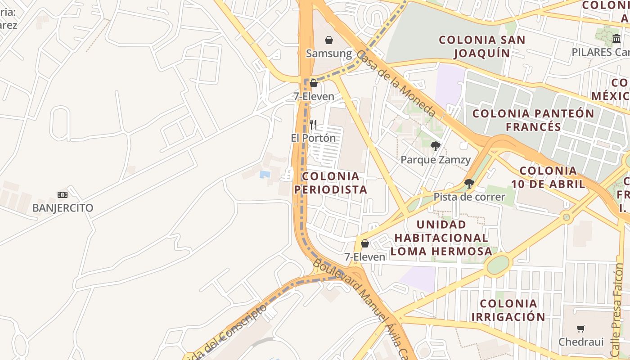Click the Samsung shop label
coord(329,54)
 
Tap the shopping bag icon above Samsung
coord(329,40)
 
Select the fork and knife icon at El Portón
coord(313,125)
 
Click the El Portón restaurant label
coord(313,138)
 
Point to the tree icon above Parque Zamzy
coord(435,146)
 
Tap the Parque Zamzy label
coord(435,160)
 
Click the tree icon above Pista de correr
coord(469,183)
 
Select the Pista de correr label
coord(469,197)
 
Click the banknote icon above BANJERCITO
coord(63,194)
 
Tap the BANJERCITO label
coord(63,208)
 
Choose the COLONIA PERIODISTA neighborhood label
coord(331,183)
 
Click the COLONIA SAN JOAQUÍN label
coord(482,46)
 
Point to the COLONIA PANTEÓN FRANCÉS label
coord(533,120)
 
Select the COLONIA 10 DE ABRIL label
coord(548,177)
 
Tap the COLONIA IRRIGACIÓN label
coord(508,310)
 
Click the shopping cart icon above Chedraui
coord(581,328)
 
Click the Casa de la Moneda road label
coord(396,84)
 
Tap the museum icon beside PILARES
coord(616,39)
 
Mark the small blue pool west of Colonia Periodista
coord(265,174)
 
